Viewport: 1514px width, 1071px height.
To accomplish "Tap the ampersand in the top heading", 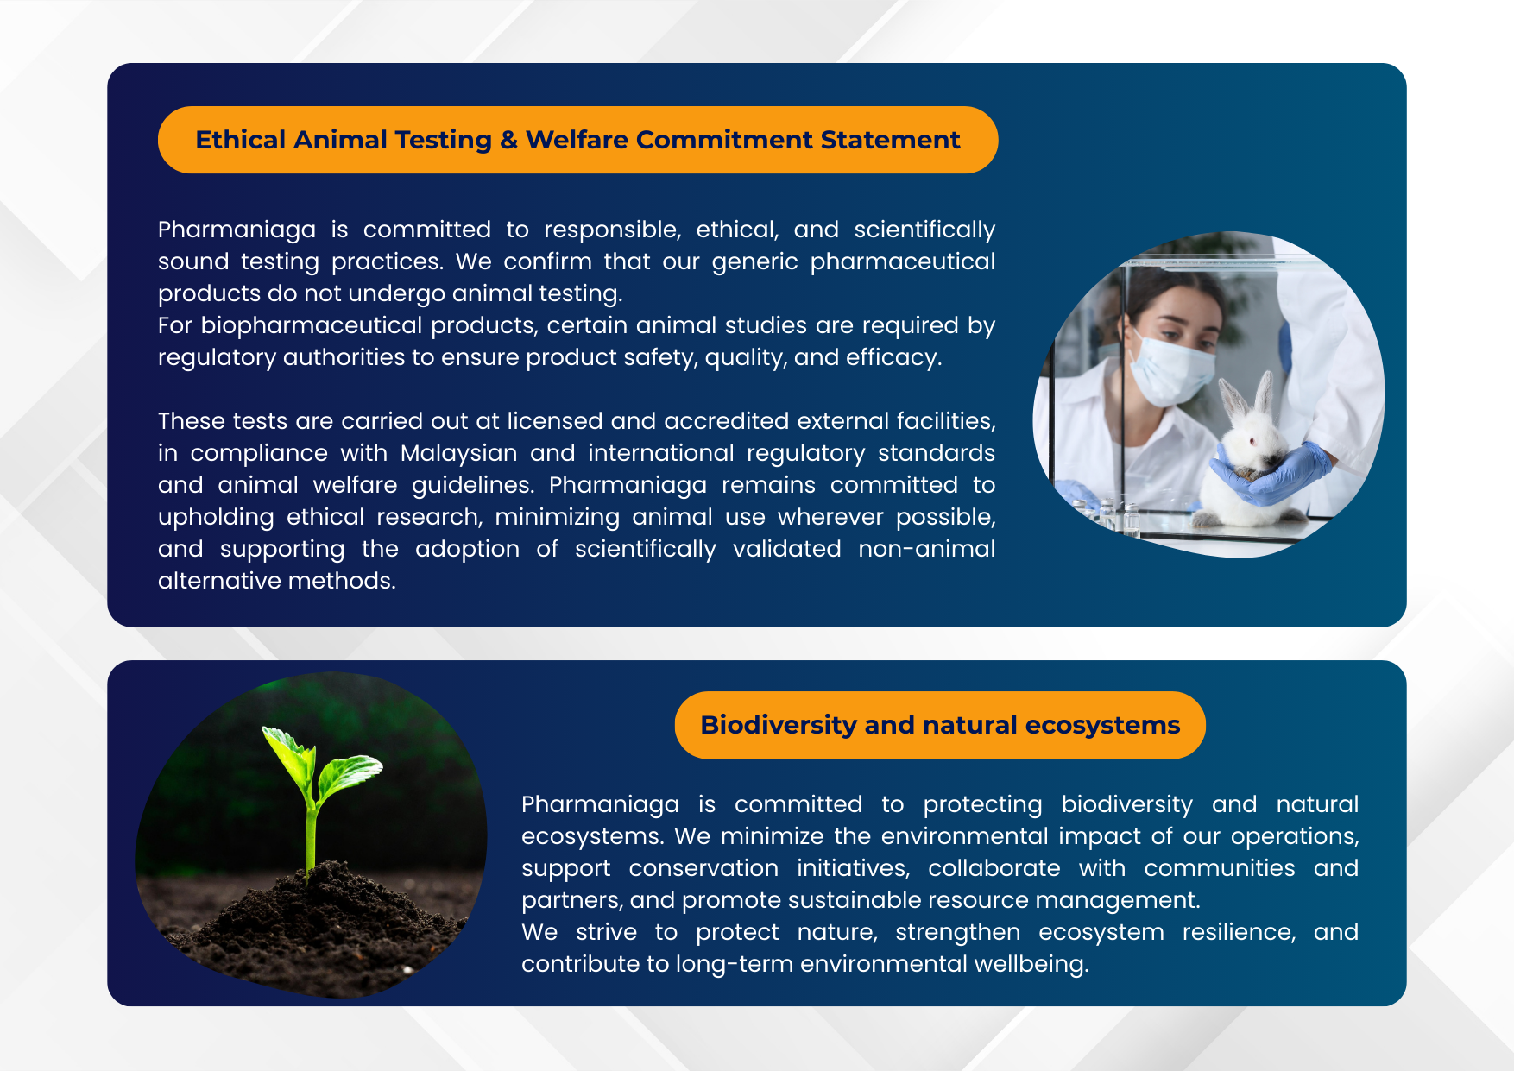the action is (x=508, y=141).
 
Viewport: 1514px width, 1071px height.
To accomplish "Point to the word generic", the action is (x=754, y=262).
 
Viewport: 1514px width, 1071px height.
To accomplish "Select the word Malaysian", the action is (x=458, y=453).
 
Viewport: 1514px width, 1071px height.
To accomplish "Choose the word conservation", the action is (x=703, y=868).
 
